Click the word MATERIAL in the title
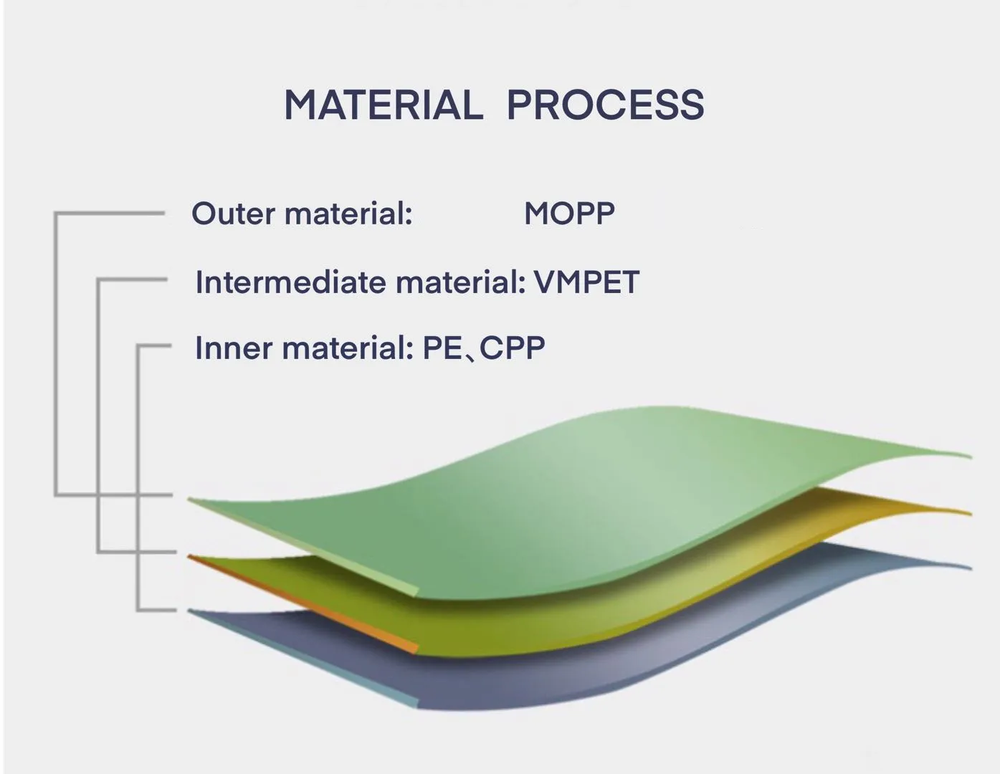tap(384, 105)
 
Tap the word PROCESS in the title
tap(606, 105)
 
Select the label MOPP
tap(569, 214)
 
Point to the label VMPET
tap(587, 282)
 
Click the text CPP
tap(513, 348)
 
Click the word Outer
tap(233, 214)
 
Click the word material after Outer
tap(348, 214)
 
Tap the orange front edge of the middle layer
tap(303, 603)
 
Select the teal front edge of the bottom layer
tap(303, 659)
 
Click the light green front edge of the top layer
tap(303, 548)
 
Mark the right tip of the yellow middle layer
tap(971, 514)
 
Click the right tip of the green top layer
tap(971, 457)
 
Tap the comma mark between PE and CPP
tap(471, 357)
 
